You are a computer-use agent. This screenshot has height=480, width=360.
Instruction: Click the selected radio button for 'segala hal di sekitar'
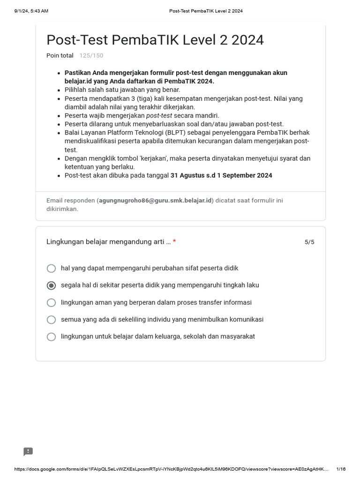coord(52,285)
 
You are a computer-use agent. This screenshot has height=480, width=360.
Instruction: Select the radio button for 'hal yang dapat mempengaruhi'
coord(52,269)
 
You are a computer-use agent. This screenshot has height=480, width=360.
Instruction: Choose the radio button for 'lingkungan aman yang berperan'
coord(52,303)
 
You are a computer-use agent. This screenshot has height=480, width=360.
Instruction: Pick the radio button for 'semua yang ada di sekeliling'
coord(52,320)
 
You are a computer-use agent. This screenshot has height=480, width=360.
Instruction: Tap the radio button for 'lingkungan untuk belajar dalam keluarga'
coord(52,337)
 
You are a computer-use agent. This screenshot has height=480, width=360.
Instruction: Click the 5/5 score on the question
coord(309,242)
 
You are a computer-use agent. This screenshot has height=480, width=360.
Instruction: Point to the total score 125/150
coord(91,56)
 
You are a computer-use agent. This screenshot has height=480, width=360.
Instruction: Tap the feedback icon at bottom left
coord(28,451)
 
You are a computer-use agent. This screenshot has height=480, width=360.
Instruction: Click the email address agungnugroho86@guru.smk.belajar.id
coord(155,201)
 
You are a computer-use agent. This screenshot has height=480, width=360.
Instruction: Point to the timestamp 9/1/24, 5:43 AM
coord(31,11)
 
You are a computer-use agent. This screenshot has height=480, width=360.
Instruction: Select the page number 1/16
coord(341,469)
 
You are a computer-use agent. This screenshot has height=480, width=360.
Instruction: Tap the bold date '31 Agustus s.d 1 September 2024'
coord(221,176)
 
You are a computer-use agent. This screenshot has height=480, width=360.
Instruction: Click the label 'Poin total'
coord(60,56)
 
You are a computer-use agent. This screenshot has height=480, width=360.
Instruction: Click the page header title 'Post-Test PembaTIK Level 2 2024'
coord(206,11)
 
